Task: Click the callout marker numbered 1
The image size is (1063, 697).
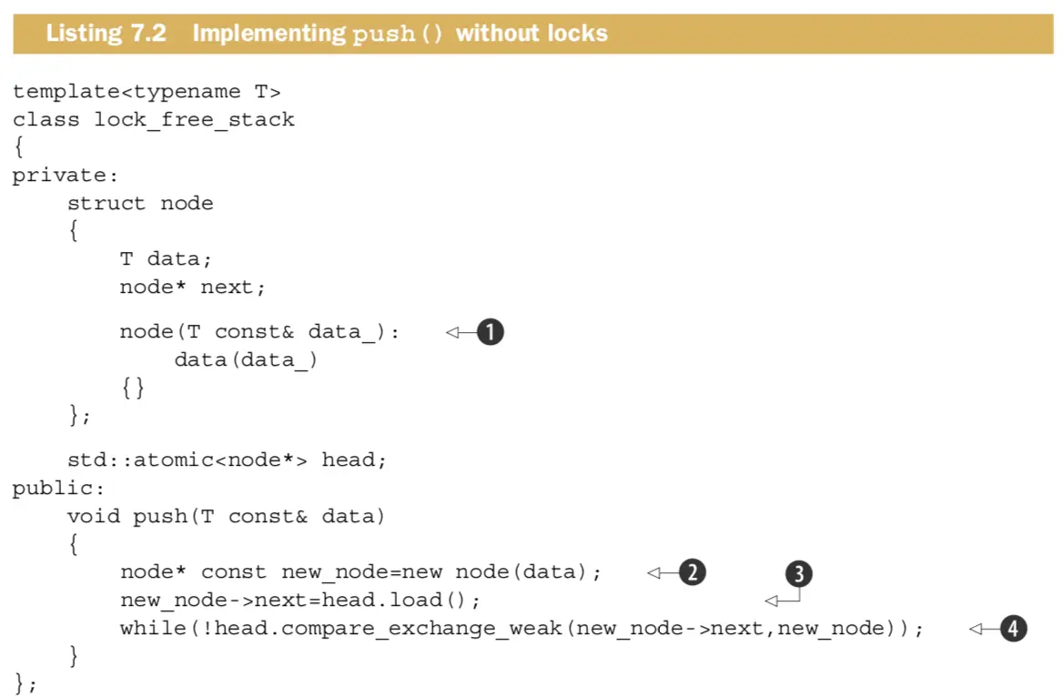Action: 490,333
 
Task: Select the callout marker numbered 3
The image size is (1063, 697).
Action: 798,574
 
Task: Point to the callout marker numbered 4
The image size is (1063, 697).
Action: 1013,628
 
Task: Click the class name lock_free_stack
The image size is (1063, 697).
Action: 195,119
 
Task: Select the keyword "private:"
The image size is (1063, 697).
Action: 66,176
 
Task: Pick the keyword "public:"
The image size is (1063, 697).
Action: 59,489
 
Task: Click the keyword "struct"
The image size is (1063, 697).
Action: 106,203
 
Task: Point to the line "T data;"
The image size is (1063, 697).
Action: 166,259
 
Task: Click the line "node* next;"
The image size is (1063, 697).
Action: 193,288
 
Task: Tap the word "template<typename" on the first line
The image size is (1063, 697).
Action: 120,92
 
